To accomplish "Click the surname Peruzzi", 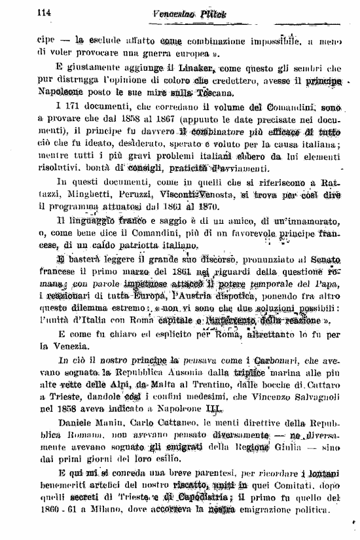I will [134, 195].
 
